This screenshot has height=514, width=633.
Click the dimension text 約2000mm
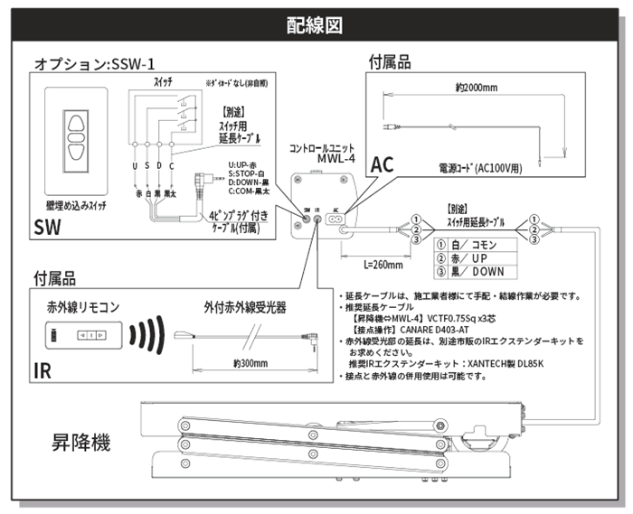[477, 89]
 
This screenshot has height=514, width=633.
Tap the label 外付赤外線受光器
[245, 307]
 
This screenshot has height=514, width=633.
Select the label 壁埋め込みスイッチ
[72, 205]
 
